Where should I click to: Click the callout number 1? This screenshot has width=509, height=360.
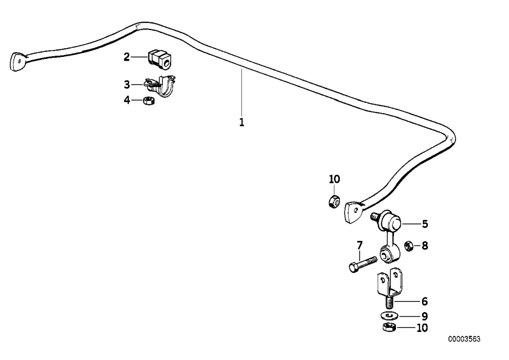241,123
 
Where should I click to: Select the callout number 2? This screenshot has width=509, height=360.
127,57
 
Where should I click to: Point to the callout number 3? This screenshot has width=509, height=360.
127,85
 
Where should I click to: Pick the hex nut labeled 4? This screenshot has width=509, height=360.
148,100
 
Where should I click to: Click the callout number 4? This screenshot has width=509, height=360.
127,100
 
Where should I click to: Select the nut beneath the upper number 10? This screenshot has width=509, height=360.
334,202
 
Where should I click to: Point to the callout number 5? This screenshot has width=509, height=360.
425,224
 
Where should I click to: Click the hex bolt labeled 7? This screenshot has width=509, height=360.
362,264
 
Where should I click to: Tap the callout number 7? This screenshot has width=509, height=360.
359,245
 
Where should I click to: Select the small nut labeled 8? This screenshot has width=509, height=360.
408,246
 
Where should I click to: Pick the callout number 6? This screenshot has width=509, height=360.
425,301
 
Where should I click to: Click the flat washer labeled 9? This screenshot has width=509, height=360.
388,315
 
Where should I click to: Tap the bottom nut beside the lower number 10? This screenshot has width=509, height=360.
388,327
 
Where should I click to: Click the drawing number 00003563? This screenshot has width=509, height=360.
464,339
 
